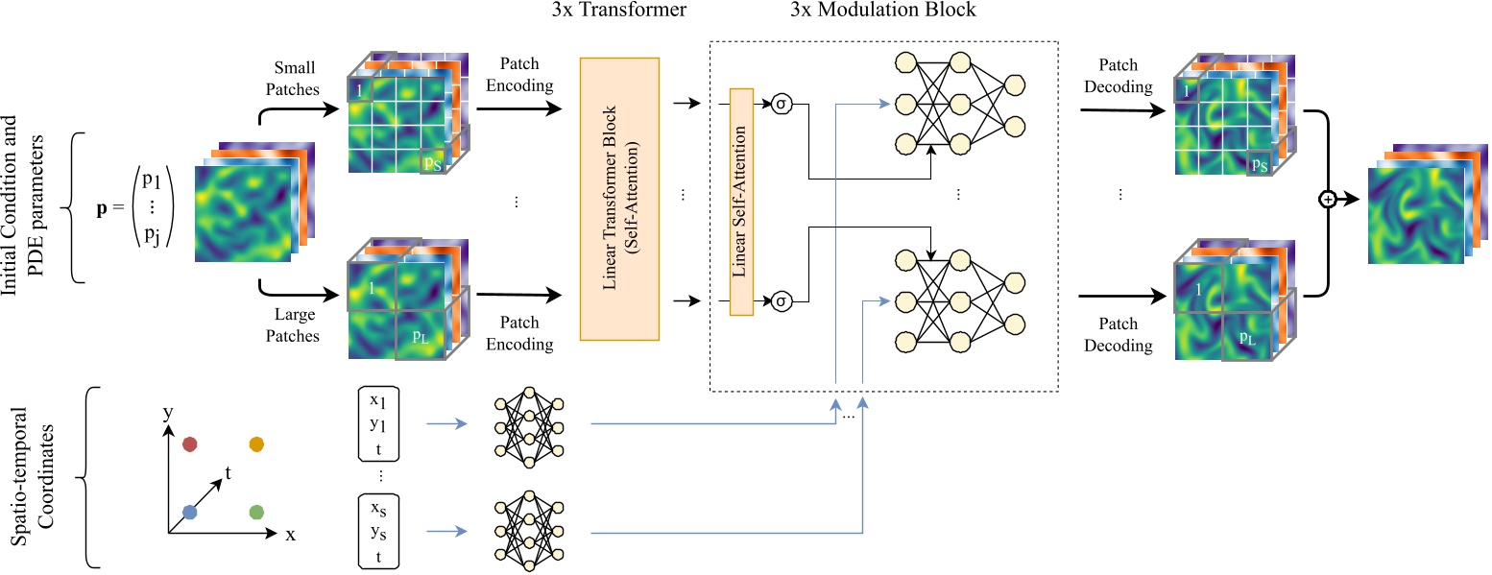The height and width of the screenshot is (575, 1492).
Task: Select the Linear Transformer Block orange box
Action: point(619,199)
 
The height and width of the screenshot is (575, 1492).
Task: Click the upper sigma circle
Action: point(782,104)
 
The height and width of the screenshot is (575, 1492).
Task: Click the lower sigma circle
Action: point(782,301)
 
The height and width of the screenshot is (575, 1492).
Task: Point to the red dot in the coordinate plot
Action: point(190,444)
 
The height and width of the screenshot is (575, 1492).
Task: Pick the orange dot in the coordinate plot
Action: point(256,443)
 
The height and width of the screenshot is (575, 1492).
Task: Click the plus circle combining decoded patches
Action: point(1329,200)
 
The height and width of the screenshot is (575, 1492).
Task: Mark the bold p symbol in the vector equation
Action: point(102,207)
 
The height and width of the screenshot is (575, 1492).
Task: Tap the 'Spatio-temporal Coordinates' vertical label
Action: point(32,476)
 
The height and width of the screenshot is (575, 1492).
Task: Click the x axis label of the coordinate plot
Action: point(290,535)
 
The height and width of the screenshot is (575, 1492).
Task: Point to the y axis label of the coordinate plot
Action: point(167,413)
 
